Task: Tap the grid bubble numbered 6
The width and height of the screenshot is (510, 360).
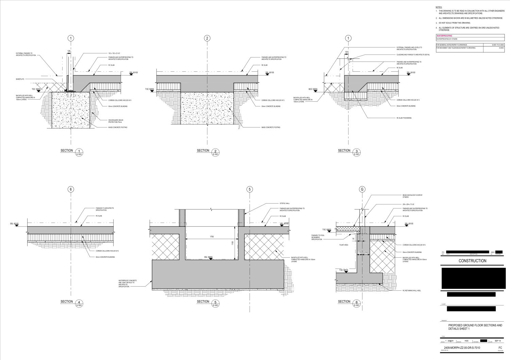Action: pos(71,190)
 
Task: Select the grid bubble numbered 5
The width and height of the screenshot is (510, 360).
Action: pos(250,190)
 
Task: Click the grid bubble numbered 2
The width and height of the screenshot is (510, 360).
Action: pos(207,38)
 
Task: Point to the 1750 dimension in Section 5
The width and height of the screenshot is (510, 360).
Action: pos(211,237)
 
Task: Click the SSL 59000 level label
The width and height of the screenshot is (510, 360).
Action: pos(208,257)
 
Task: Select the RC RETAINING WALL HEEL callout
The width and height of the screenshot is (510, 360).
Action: pos(412,291)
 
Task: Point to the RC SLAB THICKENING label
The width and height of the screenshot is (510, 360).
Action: pos(404,118)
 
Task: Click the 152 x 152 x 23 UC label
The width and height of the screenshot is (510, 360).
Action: pos(115,53)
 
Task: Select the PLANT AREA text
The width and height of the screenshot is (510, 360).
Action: pos(343,245)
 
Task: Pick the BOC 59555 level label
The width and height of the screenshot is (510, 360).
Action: pos(313,89)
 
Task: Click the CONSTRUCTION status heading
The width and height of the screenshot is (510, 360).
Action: pos(472,261)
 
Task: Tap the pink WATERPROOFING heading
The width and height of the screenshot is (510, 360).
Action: pos(444,36)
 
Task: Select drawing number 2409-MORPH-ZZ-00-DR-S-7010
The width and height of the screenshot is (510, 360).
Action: pos(462,348)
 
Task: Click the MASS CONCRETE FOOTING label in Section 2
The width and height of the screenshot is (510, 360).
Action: pos(271,127)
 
